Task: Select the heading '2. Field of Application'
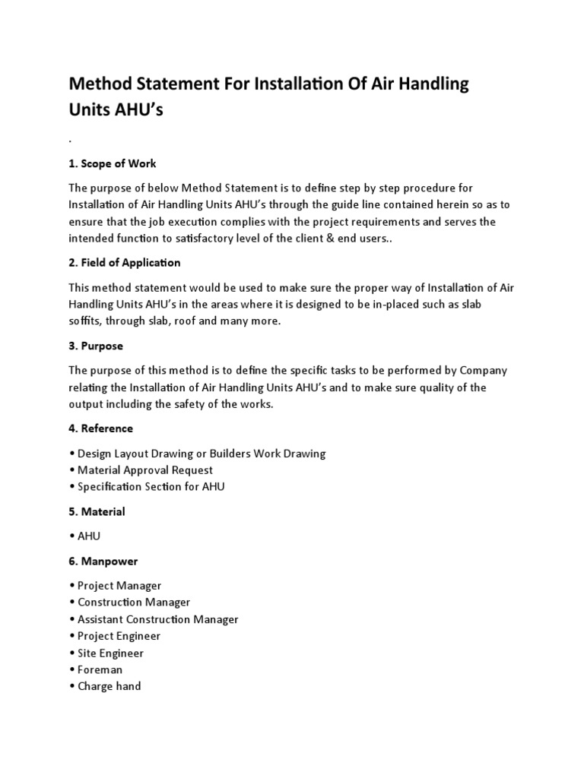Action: tap(125, 263)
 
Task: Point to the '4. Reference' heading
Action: tap(100, 429)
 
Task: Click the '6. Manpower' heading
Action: tap(103, 561)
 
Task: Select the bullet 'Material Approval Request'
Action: tap(144, 470)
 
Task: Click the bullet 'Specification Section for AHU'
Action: tap(151, 487)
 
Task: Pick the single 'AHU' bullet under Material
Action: tap(88, 536)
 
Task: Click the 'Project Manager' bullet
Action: tap(119, 586)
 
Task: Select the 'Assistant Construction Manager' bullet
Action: tap(157, 619)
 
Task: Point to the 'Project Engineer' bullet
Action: tap(119, 636)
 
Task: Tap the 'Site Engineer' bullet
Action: tap(110, 653)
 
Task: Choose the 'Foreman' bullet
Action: tap(100, 669)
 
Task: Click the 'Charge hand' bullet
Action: tap(109, 686)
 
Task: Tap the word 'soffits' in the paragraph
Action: tap(86, 321)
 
